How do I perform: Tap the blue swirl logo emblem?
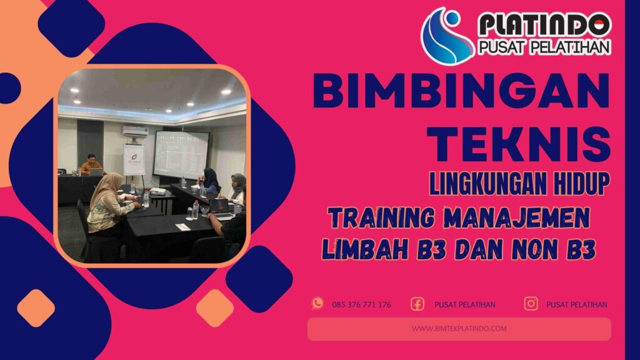coord(446,36)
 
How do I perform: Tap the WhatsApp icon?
coord(317,304)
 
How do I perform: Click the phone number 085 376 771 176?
coord(361,304)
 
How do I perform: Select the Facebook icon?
coord(417,304)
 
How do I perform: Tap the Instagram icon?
coord(531,304)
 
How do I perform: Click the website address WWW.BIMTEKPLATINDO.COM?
coord(459,328)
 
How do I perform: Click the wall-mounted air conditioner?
coord(135,131)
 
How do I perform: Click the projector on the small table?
coord(158,191)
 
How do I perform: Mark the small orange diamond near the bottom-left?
coord(36,308)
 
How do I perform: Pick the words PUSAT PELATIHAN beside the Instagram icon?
coord(576,304)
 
